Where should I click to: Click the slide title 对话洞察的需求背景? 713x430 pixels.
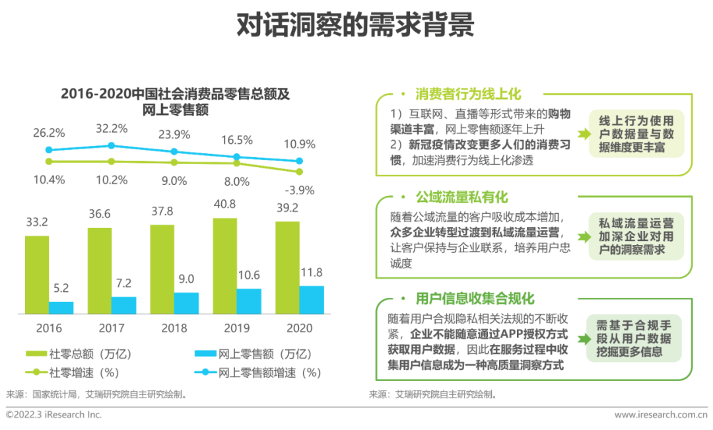pos(356,26)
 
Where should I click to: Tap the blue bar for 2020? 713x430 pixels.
pos(312,300)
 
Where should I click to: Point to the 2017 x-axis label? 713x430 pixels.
pos(111,328)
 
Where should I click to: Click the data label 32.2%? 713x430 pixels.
pos(111,129)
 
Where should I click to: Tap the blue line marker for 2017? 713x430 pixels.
pos(111,146)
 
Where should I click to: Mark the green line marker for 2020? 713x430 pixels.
pos(299,172)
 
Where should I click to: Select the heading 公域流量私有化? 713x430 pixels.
pos(461,197)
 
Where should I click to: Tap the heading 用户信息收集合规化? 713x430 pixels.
pos(475,299)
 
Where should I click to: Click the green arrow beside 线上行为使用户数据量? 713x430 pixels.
pos(583,133)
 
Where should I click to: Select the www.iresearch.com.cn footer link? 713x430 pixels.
pos(661,415)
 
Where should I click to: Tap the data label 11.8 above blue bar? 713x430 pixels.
pos(312,273)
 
